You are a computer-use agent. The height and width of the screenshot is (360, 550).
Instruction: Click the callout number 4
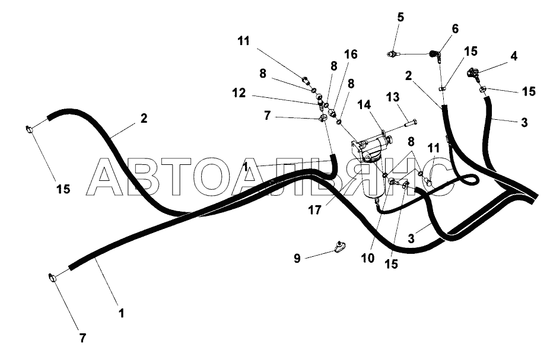pyautogui.click(x=513, y=56)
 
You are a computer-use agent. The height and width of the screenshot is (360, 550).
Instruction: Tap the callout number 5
pyautogui.click(x=400, y=17)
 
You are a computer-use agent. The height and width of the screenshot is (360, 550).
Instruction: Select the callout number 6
pyautogui.click(x=455, y=28)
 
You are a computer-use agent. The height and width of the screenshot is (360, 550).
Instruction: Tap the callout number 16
pyautogui.click(x=351, y=55)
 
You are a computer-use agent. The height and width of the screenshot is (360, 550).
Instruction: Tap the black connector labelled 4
pyautogui.click(x=473, y=73)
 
